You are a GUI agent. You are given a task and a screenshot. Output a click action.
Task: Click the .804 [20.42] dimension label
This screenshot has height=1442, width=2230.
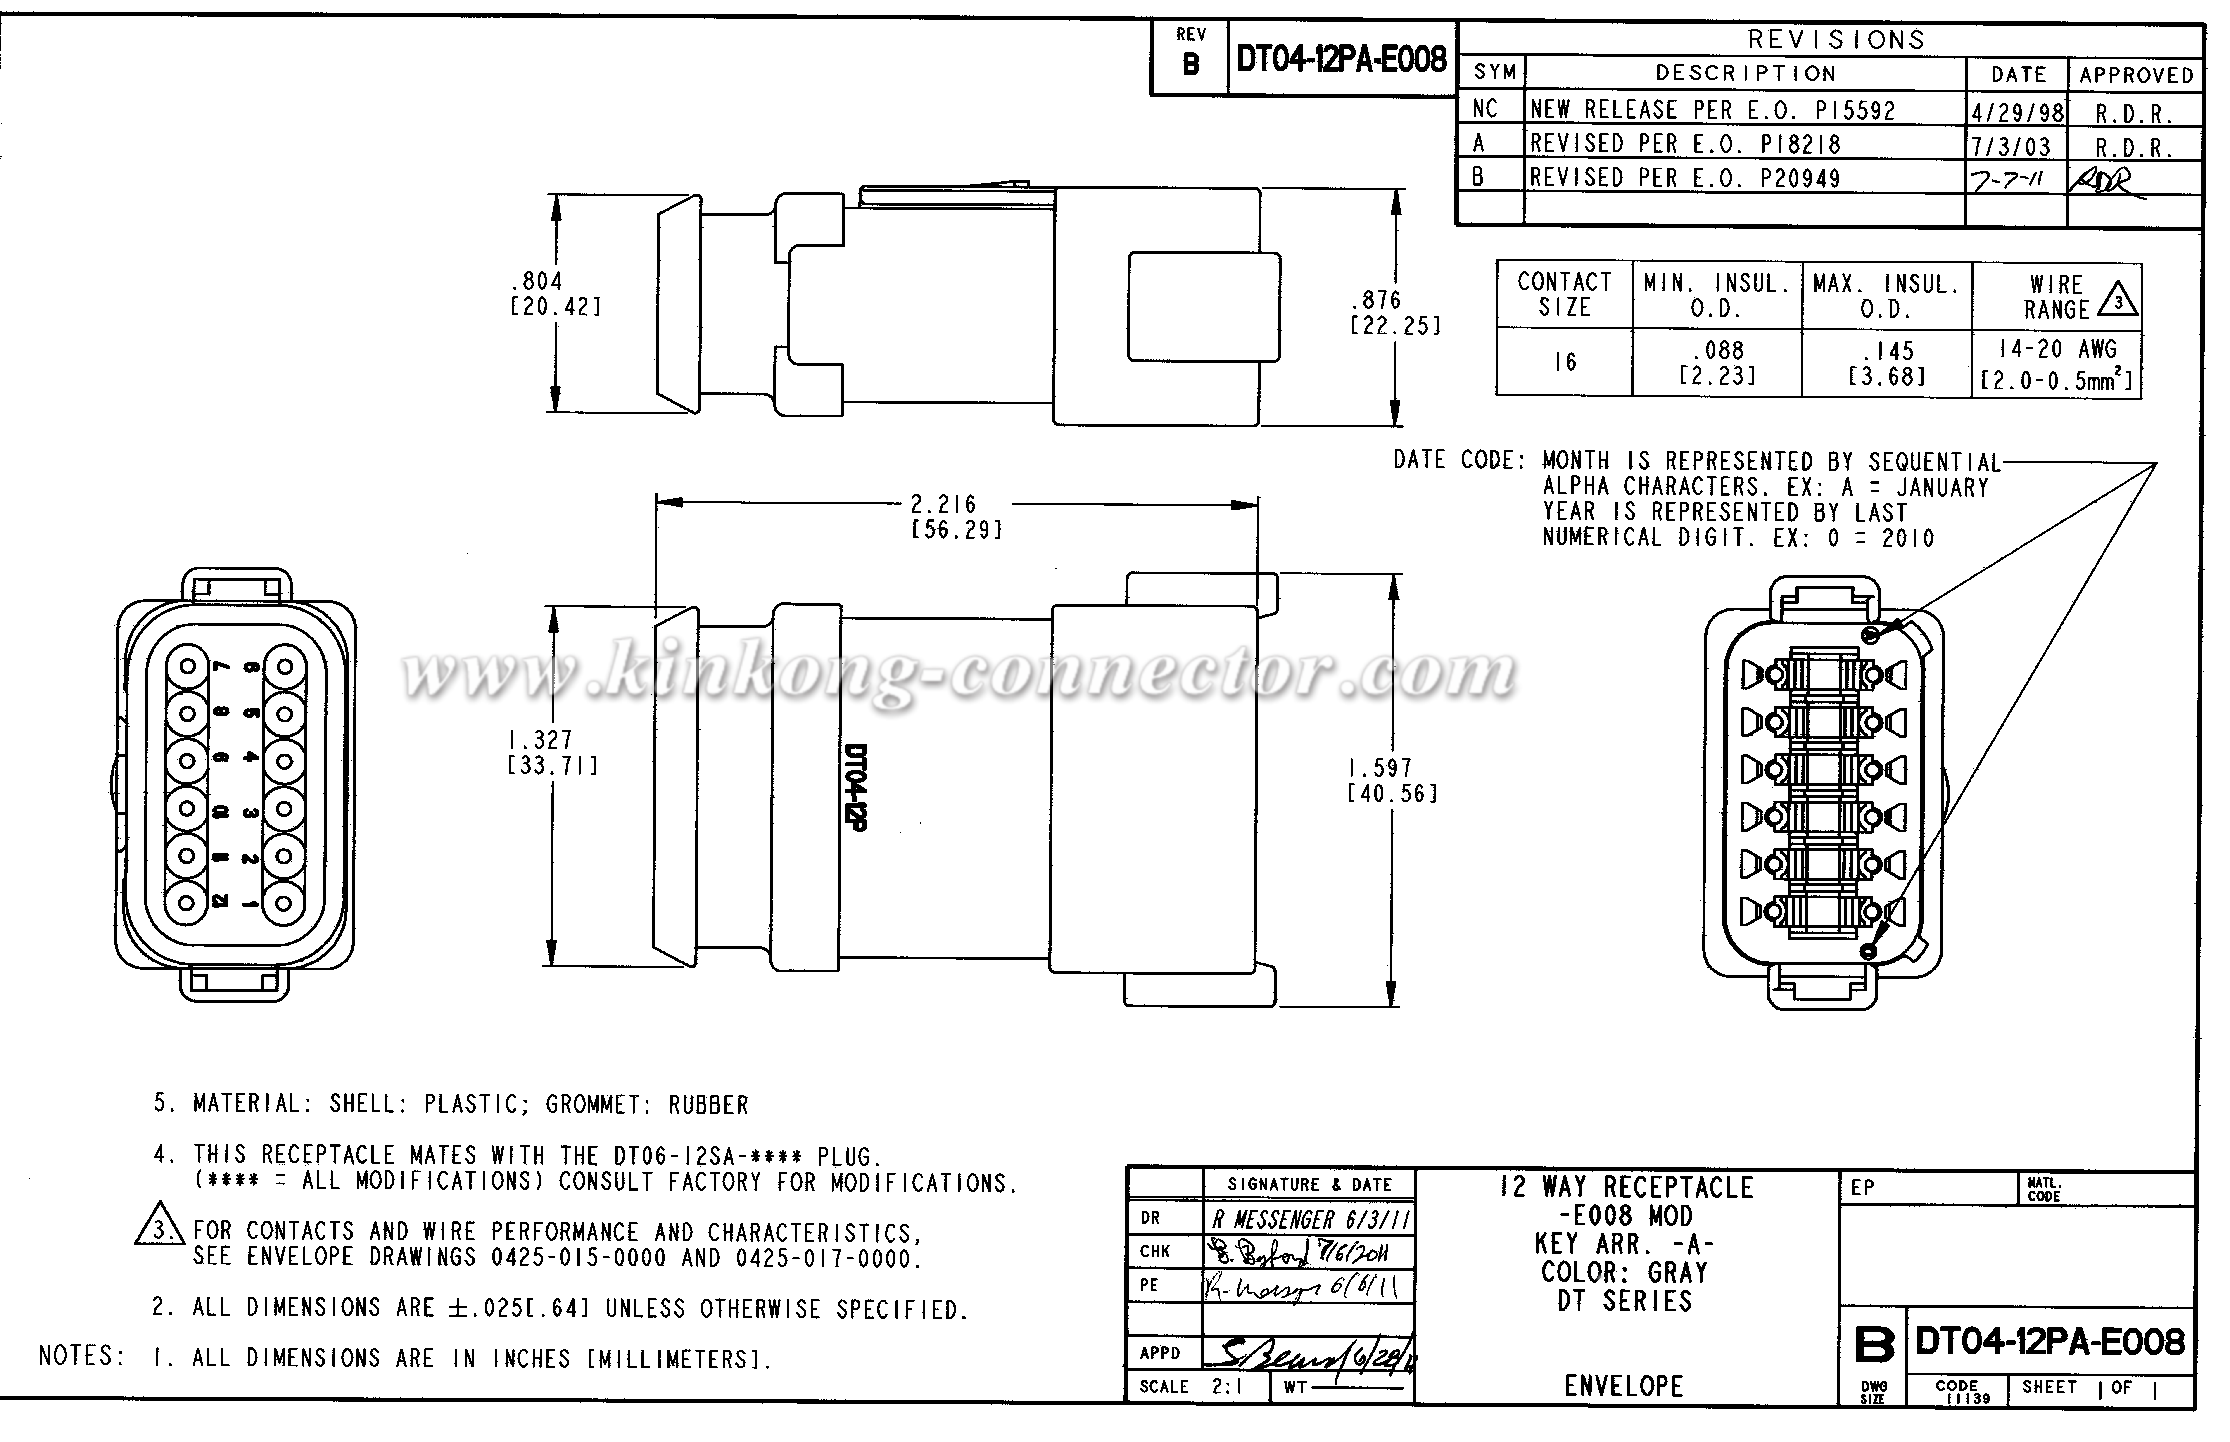[555, 293]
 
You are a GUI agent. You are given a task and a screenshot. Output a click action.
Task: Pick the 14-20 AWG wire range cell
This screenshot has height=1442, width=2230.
[2057, 349]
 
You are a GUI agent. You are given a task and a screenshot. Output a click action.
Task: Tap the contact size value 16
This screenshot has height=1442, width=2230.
[1564, 362]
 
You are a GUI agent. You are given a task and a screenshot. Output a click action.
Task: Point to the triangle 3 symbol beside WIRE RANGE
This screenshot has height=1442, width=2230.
[2118, 301]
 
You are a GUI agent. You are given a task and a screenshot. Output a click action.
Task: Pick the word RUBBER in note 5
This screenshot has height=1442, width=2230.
[708, 1105]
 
